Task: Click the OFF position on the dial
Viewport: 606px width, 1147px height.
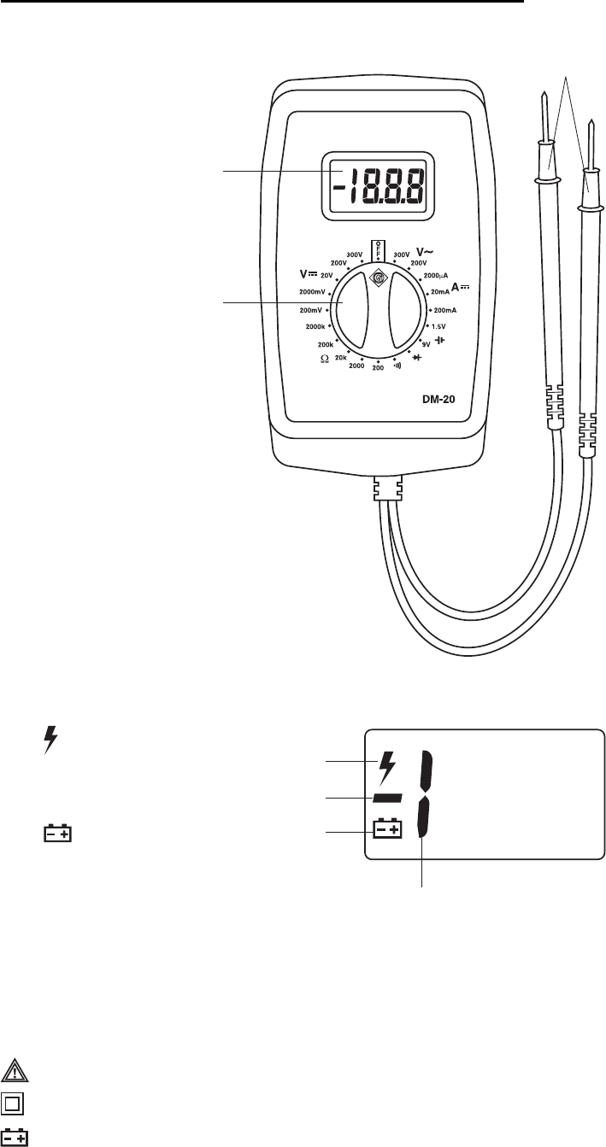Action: [x=376, y=249]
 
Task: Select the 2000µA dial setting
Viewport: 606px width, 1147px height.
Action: [x=436, y=277]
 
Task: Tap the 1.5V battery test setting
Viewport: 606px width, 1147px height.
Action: [x=444, y=326]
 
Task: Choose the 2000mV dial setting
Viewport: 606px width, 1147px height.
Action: [x=312, y=292]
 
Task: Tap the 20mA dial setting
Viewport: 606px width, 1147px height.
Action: [x=444, y=292]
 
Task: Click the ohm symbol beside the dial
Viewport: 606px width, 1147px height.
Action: [x=324, y=360]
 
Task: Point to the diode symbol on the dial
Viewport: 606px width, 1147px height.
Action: [x=419, y=357]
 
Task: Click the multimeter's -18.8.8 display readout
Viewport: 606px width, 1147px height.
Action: [x=376, y=186]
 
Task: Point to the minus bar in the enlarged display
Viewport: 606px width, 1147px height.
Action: [x=386, y=798]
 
